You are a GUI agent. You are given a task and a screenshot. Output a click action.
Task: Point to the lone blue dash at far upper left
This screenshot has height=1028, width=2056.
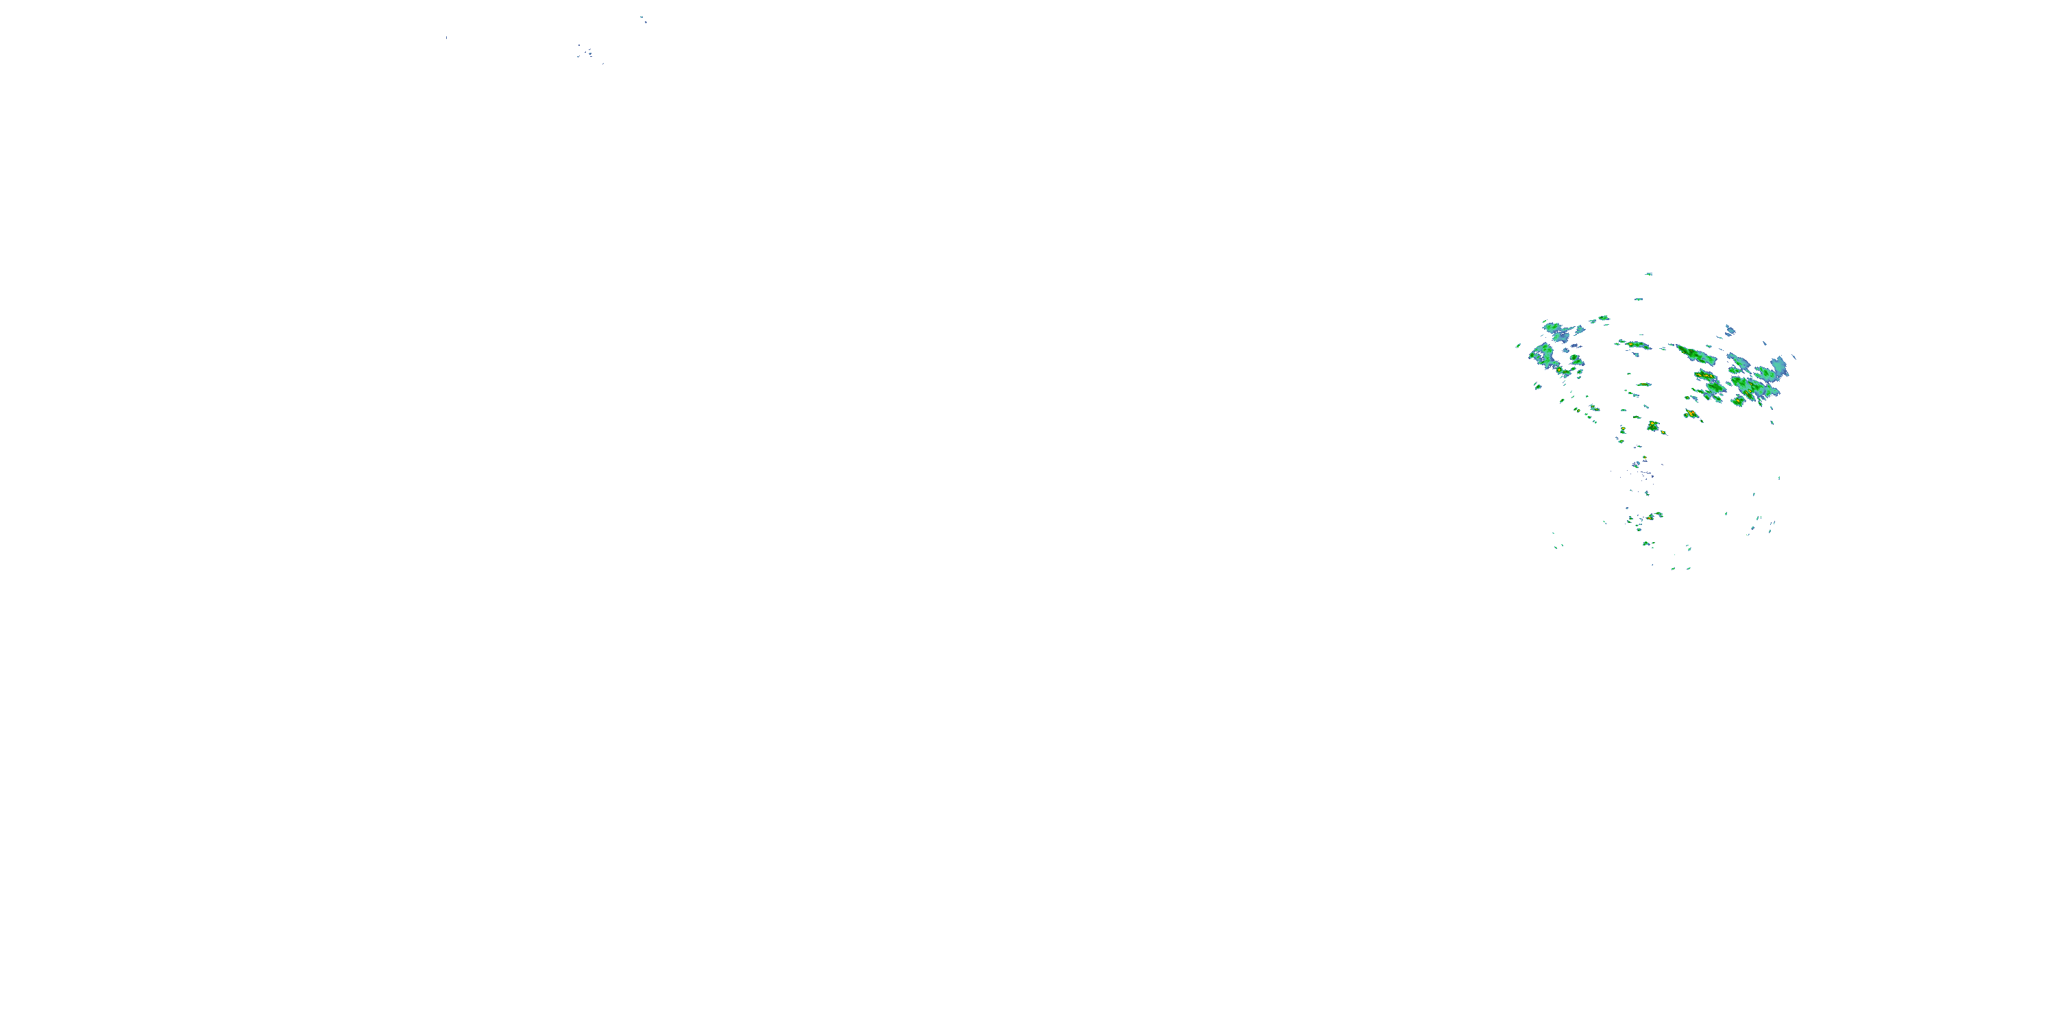click(446, 38)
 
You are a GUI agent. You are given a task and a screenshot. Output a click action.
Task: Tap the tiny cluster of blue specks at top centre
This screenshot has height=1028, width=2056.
click(587, 53)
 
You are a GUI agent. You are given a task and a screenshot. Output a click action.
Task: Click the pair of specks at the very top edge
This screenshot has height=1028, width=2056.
click(643, 19)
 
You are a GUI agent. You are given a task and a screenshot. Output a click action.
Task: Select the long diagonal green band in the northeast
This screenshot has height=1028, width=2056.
click(1696, 354)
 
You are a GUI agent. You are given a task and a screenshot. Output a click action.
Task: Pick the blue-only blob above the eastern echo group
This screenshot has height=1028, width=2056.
click(1730, 330)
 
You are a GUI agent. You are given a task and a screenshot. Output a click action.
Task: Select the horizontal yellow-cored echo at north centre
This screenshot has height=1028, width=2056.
click(1635, 345)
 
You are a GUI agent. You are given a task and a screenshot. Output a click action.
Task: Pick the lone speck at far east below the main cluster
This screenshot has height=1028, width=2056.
click(1779, 478)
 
